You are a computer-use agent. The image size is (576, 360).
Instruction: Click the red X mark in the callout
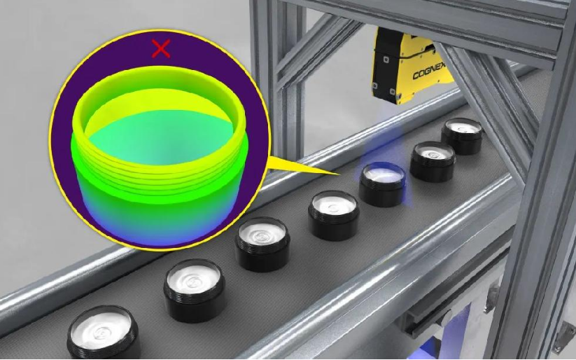(161, 48)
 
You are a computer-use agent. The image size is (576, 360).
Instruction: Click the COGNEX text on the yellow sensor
(429, 71)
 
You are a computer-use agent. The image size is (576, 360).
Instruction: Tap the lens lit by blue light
(382, 184)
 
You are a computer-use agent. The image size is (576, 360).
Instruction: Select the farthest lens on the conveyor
(462, 136)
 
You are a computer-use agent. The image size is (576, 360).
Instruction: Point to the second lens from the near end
(194, 291)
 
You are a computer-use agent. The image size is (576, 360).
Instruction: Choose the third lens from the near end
(262, 244)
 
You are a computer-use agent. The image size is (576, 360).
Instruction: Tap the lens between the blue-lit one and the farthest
(433, 160)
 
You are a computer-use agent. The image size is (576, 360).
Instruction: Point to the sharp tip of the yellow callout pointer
(339, 174)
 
